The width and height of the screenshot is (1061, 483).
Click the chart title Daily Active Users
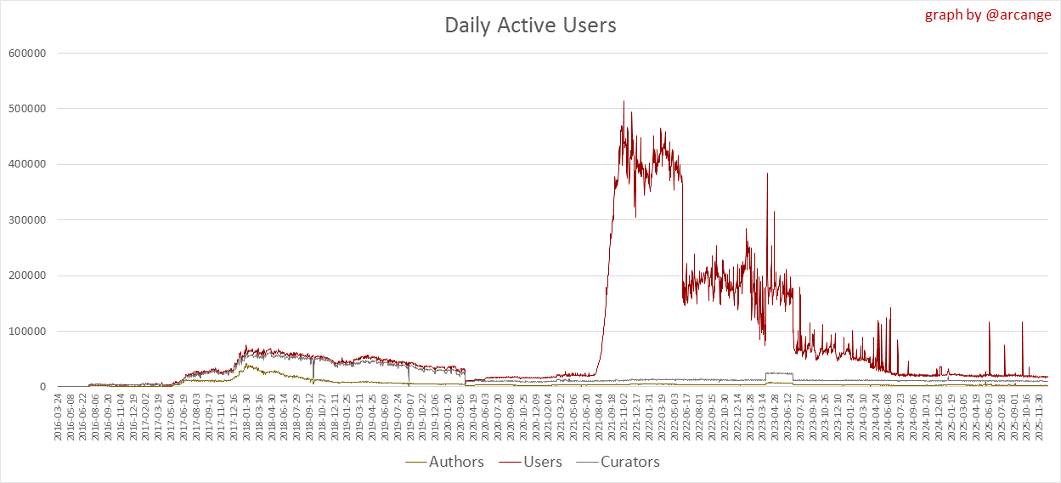pos(530,26)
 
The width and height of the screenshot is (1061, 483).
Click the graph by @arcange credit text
pos(987,14)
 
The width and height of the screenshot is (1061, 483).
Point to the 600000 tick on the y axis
pos(26,53)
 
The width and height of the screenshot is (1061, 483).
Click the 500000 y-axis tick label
pos(26,109)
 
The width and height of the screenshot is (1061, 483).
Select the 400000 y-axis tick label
pos(26,164)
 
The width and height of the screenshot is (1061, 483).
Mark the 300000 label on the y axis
pos(26,220)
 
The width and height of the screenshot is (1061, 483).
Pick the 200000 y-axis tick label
pos(26,276)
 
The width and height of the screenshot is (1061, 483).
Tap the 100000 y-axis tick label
pos(26,332)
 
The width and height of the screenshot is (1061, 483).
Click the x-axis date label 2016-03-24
pos(58,418)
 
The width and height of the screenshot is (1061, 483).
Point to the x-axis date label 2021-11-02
pos(624,418)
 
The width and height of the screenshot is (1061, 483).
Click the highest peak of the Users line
pos(624,101)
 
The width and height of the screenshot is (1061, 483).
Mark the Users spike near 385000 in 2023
pos(767,173)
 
